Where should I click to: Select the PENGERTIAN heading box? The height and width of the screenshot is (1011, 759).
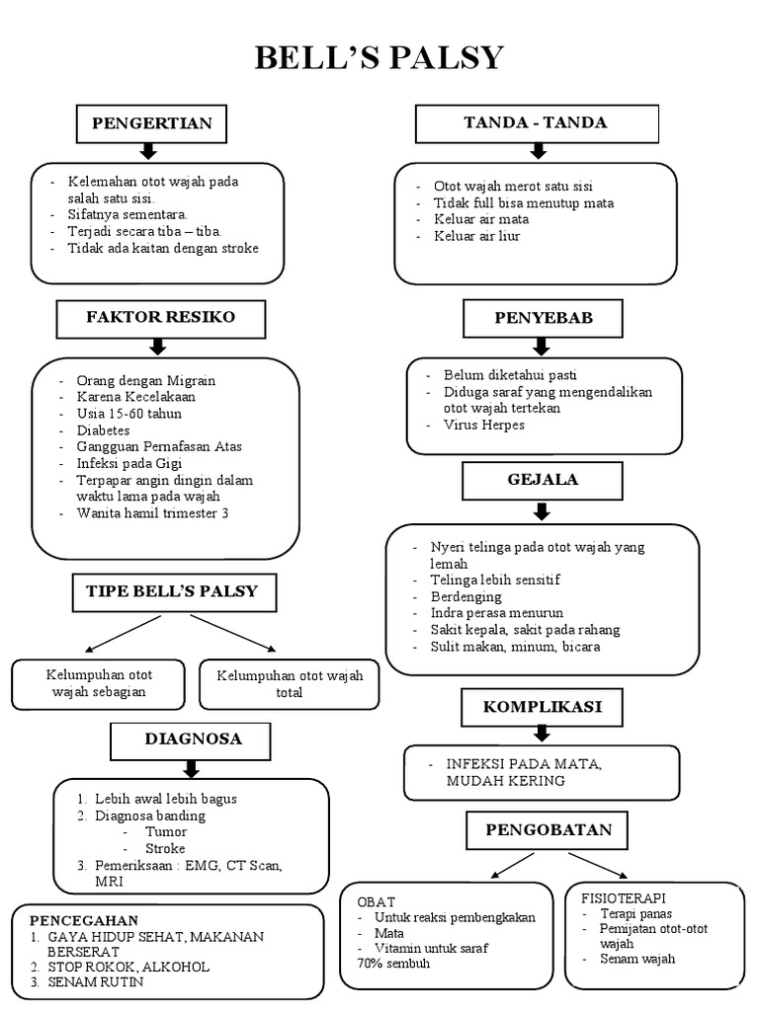152,123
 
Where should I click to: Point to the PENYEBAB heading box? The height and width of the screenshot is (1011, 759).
542,318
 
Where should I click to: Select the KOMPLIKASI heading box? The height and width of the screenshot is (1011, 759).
541,708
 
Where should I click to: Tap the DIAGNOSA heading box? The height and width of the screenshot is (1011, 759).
192,739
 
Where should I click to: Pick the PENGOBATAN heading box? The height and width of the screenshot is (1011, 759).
548,829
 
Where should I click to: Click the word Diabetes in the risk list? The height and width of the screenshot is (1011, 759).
103,430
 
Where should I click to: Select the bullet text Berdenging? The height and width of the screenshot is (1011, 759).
465,596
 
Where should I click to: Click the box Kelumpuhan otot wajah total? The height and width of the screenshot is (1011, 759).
289,683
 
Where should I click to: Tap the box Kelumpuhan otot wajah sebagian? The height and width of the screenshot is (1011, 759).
99,682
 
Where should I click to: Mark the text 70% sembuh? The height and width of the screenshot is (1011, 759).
393,964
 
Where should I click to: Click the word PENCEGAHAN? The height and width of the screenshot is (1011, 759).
84,920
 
